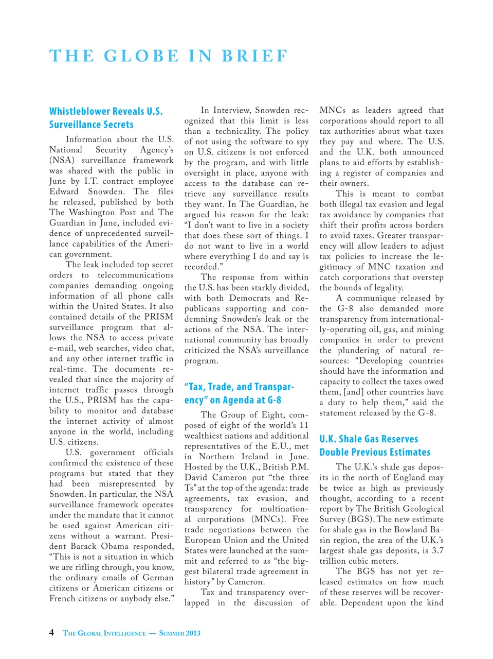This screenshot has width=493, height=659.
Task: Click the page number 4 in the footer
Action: (x=51, y=632)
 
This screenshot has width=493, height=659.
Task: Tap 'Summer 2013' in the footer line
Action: (x=179, y=633)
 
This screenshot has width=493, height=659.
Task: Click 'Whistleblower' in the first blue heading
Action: (x=80, y=111)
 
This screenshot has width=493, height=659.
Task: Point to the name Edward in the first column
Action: (x=64, y=192)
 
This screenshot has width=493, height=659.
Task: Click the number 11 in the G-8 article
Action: (x=304, y=425)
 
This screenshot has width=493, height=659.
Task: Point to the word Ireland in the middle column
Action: (x=254, y=457)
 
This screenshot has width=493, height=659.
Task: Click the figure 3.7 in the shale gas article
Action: (x=437, y=550)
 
